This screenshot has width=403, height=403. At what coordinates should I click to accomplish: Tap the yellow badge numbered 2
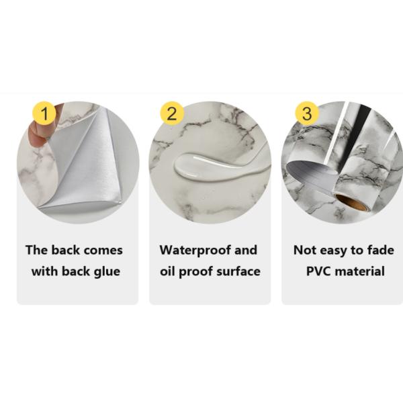click(x=172, y=113)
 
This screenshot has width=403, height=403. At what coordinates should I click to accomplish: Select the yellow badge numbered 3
click(x=306, y=113)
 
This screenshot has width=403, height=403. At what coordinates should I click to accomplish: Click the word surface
click(x=236, y=271)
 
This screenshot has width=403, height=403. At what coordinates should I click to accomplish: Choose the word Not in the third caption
click(x=306, y=250)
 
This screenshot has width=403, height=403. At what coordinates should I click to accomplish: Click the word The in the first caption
click(x=38, y=250)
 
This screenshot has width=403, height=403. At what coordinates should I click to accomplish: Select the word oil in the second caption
click(x=168, y=271)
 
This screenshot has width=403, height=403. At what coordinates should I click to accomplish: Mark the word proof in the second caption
click(x=195, y=271)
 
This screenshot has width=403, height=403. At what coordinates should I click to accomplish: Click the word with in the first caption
click(x=45, y=271)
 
